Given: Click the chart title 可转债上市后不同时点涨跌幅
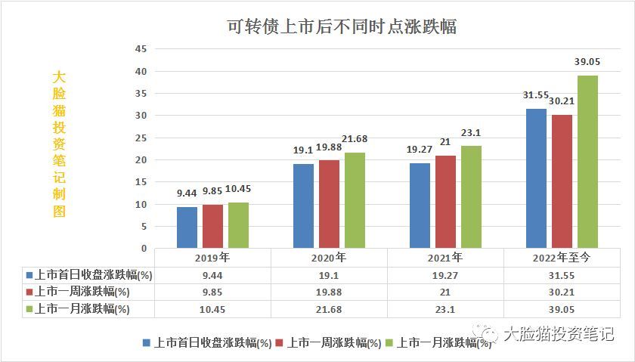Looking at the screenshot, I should [343, 26].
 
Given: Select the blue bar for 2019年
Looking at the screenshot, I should [187, 227].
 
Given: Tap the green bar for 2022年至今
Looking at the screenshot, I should [587, 162].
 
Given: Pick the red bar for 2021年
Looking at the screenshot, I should [445, 202].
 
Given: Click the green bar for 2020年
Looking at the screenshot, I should [355, 200].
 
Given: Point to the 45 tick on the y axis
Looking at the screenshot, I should [140, 49].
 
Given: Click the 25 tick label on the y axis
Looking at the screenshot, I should [140, 138].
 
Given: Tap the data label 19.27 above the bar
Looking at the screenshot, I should [420, 150].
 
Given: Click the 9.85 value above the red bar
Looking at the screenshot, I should [212, 192].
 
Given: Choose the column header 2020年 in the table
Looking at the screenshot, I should [328, 257].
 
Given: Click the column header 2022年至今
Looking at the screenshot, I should [562, 257].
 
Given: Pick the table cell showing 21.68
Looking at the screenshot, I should [328, 309].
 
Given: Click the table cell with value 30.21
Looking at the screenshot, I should [562, 292].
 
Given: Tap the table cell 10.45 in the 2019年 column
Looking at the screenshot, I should [212, 309].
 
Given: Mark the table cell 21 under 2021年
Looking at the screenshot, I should [445, 292].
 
